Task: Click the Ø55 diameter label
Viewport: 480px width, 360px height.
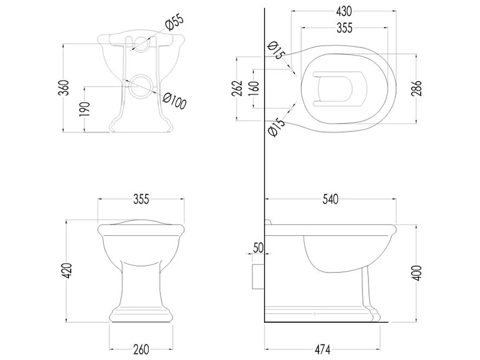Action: (174, 22)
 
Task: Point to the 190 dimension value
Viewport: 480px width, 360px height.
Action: (85, 109)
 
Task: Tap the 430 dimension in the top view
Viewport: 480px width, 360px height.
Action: (344, 11)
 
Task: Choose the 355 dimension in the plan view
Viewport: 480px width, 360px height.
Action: (344, 28)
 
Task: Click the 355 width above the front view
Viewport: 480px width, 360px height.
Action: (141, 199)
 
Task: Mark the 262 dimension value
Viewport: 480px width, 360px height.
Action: (238, 88)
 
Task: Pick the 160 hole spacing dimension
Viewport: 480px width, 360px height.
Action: (254, 88)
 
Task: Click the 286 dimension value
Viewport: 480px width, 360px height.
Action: (416, 88)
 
